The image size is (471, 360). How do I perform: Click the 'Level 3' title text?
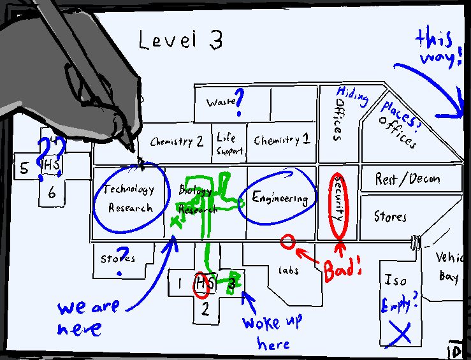[181, 40]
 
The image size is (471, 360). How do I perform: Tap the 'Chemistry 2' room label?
[177, 141]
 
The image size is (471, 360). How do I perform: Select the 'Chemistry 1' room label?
[281, 140]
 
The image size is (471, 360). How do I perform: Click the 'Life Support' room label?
[228, 144]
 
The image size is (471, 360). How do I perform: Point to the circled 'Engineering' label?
[280, 198]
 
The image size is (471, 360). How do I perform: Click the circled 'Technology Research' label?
[130, 198]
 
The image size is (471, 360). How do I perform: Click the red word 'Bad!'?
[342, 268]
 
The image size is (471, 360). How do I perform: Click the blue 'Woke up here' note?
[272, 331]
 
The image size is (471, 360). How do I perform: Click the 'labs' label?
[288, 270]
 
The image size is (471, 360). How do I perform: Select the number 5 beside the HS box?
[24, 169]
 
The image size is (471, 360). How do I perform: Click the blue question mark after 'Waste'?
[240, 102]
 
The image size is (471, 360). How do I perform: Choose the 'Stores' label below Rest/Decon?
[389, 217]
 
